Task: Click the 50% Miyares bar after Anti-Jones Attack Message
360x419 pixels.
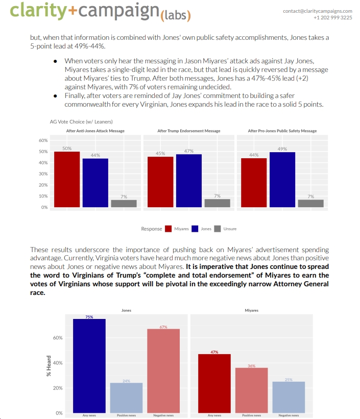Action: (67, 179)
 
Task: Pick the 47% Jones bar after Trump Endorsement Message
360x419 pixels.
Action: (188, 181)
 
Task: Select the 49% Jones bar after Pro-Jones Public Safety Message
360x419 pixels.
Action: (282, 180)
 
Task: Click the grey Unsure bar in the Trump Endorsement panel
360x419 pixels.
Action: (217, 203)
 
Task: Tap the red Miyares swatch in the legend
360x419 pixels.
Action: (169, 229)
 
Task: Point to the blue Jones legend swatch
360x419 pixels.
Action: (195, 229)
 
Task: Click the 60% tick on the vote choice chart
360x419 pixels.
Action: (43, 140)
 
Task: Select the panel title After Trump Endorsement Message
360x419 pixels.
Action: (189, 131)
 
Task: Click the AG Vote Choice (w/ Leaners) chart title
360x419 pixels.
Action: (81, 121)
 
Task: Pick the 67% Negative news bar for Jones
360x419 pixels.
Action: (163, 371)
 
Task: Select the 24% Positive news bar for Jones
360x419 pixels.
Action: (127, 398)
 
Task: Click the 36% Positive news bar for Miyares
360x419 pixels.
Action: (251, 390)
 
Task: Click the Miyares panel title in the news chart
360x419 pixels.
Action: (252, 310)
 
